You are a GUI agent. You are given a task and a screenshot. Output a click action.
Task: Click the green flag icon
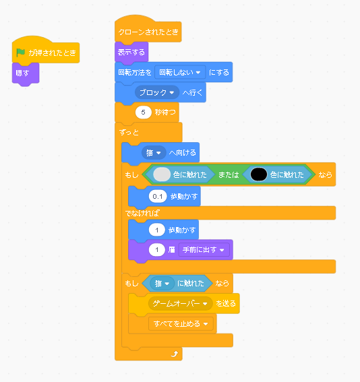tap(20, 53)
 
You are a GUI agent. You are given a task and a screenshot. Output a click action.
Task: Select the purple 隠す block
tap(26, 73)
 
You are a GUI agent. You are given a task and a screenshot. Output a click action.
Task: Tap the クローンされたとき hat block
tap(148, 29)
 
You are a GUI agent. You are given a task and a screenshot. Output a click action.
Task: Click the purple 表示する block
tap(131, 53)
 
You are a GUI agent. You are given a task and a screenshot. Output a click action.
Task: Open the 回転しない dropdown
tap(180, 72)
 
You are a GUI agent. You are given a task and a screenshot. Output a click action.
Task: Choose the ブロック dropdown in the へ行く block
tap(156, 92)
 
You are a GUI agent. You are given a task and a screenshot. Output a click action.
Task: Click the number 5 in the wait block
tap(144, 113)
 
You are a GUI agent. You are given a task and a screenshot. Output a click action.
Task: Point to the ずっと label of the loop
tap(129, 133)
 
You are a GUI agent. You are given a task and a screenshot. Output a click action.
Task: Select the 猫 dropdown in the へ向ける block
tap(154, 153)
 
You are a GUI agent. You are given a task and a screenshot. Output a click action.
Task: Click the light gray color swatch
tap(162, 174)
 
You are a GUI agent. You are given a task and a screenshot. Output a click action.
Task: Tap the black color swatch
tap(259, 174)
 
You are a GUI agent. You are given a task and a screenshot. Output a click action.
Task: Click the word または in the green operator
tap(229, 174)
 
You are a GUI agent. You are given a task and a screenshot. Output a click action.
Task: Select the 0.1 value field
tap(158, 196)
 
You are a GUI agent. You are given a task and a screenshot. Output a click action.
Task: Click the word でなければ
tap(142, 214)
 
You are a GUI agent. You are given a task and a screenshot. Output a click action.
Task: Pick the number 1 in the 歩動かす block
tap(156, 230)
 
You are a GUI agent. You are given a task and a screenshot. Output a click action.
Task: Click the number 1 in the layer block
tap(156, 250)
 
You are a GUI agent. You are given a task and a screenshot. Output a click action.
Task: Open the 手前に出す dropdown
tap(204, 250)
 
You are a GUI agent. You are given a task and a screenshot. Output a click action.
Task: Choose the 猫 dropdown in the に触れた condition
tap(162, 284)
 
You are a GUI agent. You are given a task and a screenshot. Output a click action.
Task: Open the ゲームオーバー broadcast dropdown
tap(180, 304)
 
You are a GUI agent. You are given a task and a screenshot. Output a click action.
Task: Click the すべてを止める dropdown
tap(181, 324)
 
